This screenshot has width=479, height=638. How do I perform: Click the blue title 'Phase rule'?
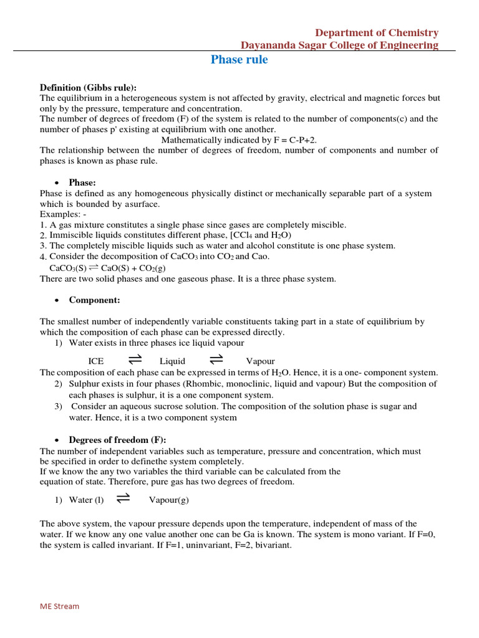tap(239, 60)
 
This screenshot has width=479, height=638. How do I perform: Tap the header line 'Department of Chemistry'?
tap(376, 32)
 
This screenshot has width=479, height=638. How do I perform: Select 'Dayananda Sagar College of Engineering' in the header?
tap(339, 45)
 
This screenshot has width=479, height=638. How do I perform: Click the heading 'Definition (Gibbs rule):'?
tap(88, 87)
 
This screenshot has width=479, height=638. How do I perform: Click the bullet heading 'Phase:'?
tap(82, 183)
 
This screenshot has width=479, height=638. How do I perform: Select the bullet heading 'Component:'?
tap(94, 300)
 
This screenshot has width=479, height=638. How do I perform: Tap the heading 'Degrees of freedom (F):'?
tap(117, 440)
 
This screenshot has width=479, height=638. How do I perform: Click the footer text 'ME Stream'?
tap(60, 606)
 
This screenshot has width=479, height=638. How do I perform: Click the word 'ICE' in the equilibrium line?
tap(96, 361)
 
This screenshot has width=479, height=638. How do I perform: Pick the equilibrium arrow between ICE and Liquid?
tap(135, 359)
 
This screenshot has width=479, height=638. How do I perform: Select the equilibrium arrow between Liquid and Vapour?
tap(216, 359)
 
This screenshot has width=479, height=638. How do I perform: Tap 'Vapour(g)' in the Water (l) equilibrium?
tap(168, 500)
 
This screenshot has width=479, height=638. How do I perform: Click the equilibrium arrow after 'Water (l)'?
tap(123, 498)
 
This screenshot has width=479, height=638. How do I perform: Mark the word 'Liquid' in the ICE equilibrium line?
tap(172, 361)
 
